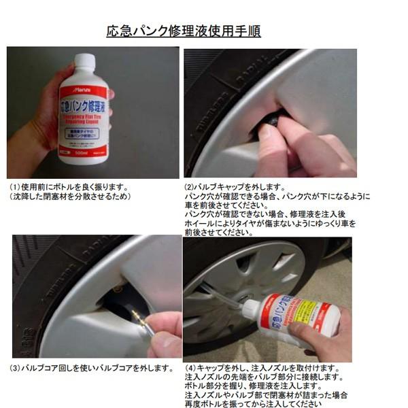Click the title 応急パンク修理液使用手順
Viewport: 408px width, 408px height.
pyautogui.click(x=184, y=31)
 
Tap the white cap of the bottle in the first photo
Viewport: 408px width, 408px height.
pyautogui.click(x=84, y=62)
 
